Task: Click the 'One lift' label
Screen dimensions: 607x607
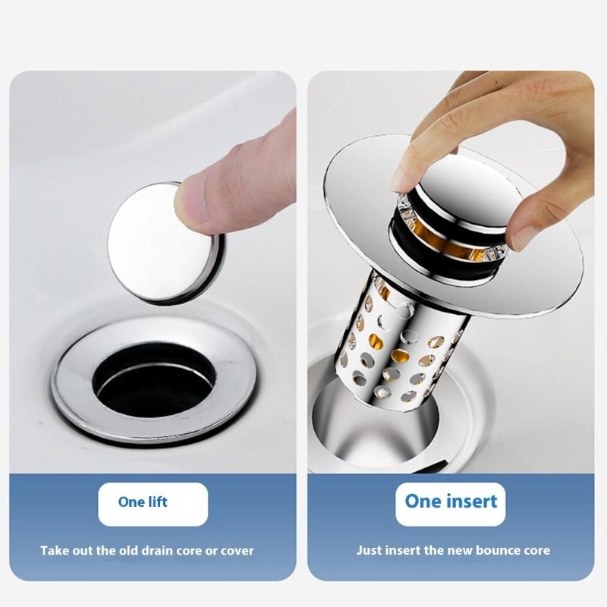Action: click(143, 502)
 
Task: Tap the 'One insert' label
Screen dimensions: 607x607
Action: click(451, 501)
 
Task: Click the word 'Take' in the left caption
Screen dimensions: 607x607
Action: click(55, 550)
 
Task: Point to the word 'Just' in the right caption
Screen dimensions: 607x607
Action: click(370, 550)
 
